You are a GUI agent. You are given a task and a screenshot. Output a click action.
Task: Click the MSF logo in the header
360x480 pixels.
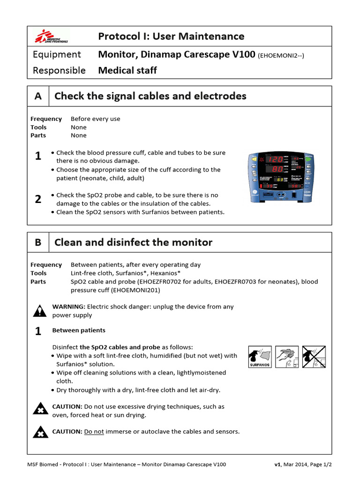pyautogui.click(x=52, y=36)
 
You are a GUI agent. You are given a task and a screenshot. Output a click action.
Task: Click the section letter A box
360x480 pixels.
pyautogui.click(x=38, y=96)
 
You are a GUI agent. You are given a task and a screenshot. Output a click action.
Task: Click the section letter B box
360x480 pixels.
pyautogui.click(x=38, y=242)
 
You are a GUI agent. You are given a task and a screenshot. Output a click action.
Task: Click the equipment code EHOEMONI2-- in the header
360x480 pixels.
pyautogui.click(x=281, y=55)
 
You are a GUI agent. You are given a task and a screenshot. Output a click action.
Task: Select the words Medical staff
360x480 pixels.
pyautogui.click(x=127, y=71)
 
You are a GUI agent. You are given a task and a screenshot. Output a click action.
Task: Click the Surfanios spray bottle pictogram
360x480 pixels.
pyautogui.click(x=260, y=357)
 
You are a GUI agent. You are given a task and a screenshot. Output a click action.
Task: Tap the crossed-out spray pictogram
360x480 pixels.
pyautogui.click(x=313, y=357)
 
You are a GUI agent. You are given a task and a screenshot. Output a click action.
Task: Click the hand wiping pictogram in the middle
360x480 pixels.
pyautogui.click(x=286, y=357)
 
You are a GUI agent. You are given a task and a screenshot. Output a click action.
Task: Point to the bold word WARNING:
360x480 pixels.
pyautogui.click(x=69, y=307)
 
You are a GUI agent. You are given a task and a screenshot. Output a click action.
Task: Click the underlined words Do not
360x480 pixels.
pyautogui.click(x=94, y=431)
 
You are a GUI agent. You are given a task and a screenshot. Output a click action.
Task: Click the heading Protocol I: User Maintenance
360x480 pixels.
pyautogui.click(x=171, y=37)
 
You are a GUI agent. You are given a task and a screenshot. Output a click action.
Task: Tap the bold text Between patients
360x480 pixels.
pyautogui.click(x=79, y=330)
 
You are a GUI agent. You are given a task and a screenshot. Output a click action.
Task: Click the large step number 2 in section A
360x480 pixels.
pyautogui.click(x=38, y=199)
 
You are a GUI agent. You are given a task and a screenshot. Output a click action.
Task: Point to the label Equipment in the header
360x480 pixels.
pyautogui.click(x=57, y=55)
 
